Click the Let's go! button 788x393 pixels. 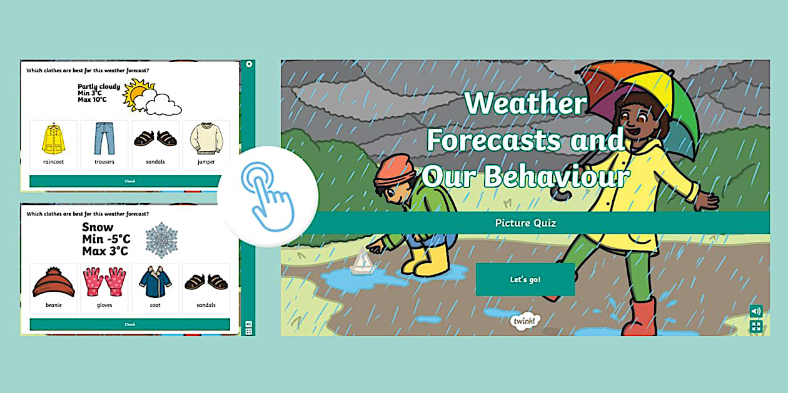(525, 279)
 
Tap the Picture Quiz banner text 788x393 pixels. (525, 223)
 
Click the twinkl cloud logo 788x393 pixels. (525, 321)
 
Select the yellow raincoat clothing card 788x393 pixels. (54, 145)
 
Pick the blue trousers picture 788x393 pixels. (104, 139)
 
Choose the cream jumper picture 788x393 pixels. (206, 139)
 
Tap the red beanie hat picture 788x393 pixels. (54, 282)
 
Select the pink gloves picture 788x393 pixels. (104, 282)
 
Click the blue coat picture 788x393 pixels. (155, 282)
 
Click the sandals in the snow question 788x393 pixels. (206, 282)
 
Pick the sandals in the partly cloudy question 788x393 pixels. (155, 139)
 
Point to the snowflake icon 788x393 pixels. (161, 240)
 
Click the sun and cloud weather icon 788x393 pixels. (152, 97)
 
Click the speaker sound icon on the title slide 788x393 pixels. (756, 311)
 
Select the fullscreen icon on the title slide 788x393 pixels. (756, 326)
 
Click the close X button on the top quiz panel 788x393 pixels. (249, 64)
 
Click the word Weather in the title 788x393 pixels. (525, 102)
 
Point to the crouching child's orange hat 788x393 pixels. (395, 170)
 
